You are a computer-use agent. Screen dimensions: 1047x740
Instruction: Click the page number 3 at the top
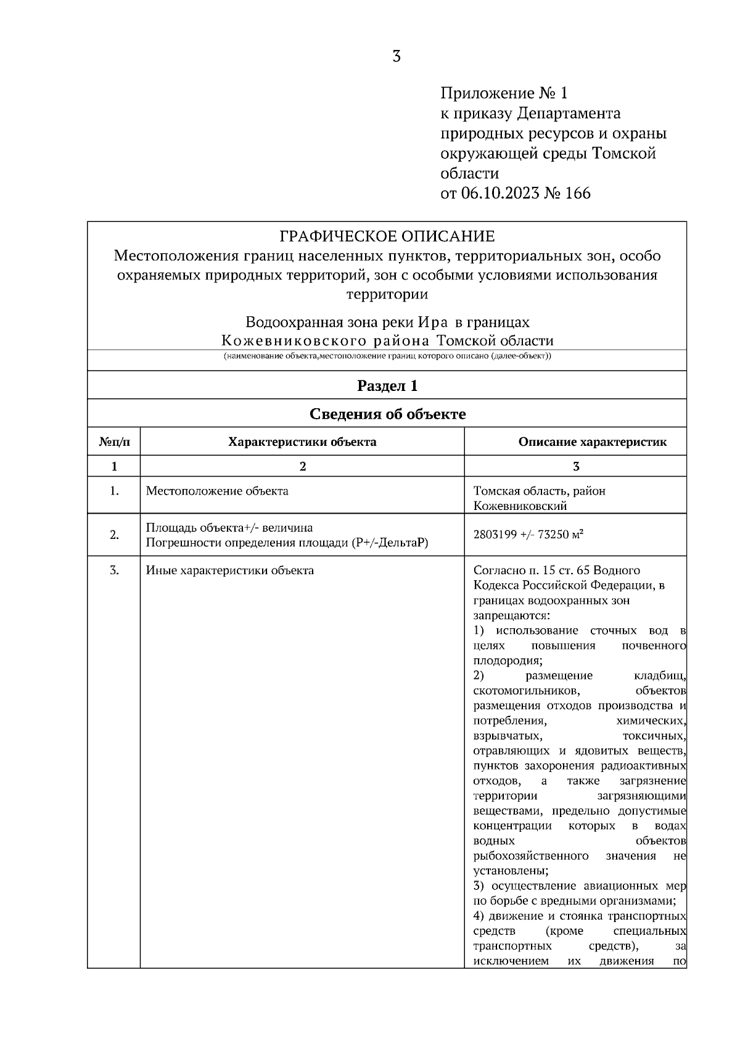coord(396,57)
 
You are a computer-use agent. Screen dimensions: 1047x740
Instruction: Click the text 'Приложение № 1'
coord(503,94)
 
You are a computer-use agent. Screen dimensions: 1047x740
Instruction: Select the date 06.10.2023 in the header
coord(498,194)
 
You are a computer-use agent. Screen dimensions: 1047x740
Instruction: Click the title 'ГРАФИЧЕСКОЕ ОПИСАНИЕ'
coord(387,236)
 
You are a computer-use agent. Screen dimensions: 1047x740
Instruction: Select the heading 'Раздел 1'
coord(387,386)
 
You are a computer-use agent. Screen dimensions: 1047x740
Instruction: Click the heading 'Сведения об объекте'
coord(387,414)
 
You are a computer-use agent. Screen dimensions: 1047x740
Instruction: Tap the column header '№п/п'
coord(114,442)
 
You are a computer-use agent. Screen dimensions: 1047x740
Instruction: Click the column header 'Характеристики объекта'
coord(302,442)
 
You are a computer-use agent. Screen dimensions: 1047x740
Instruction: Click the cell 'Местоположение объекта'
coord(217,491)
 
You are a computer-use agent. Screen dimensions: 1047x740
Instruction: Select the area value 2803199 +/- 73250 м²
coord(528,535)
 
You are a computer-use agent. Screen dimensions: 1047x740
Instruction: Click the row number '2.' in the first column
coord(114,535)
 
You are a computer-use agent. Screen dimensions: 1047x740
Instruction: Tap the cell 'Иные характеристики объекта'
coord(229,570)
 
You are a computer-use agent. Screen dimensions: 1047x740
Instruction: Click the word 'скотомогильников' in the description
coord(526,691)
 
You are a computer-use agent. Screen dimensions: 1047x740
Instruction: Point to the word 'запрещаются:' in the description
coord(511,615)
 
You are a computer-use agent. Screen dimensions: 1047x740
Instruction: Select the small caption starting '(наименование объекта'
coord(387,356)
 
